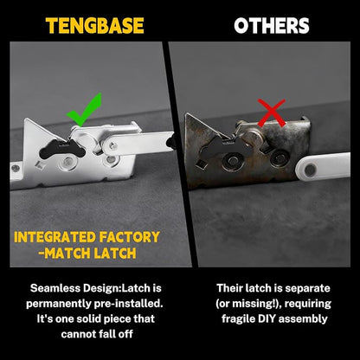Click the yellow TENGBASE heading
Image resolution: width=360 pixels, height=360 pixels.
tap(94, 26)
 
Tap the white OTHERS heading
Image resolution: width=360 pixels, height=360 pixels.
tap(272, 26)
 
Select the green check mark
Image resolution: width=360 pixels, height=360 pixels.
tap(85, 110)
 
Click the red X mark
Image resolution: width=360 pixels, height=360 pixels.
tap(271, 112)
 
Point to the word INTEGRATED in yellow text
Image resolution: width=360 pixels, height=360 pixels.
tap(55, 237)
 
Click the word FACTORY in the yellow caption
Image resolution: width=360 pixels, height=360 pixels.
tap(130, 237)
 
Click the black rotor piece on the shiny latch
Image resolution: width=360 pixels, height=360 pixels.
tap(62, 148)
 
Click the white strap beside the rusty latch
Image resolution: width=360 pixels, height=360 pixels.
tap(323, 166)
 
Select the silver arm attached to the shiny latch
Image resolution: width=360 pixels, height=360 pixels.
tap(137, 143)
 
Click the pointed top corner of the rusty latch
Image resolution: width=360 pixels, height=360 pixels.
tap(187, 113)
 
